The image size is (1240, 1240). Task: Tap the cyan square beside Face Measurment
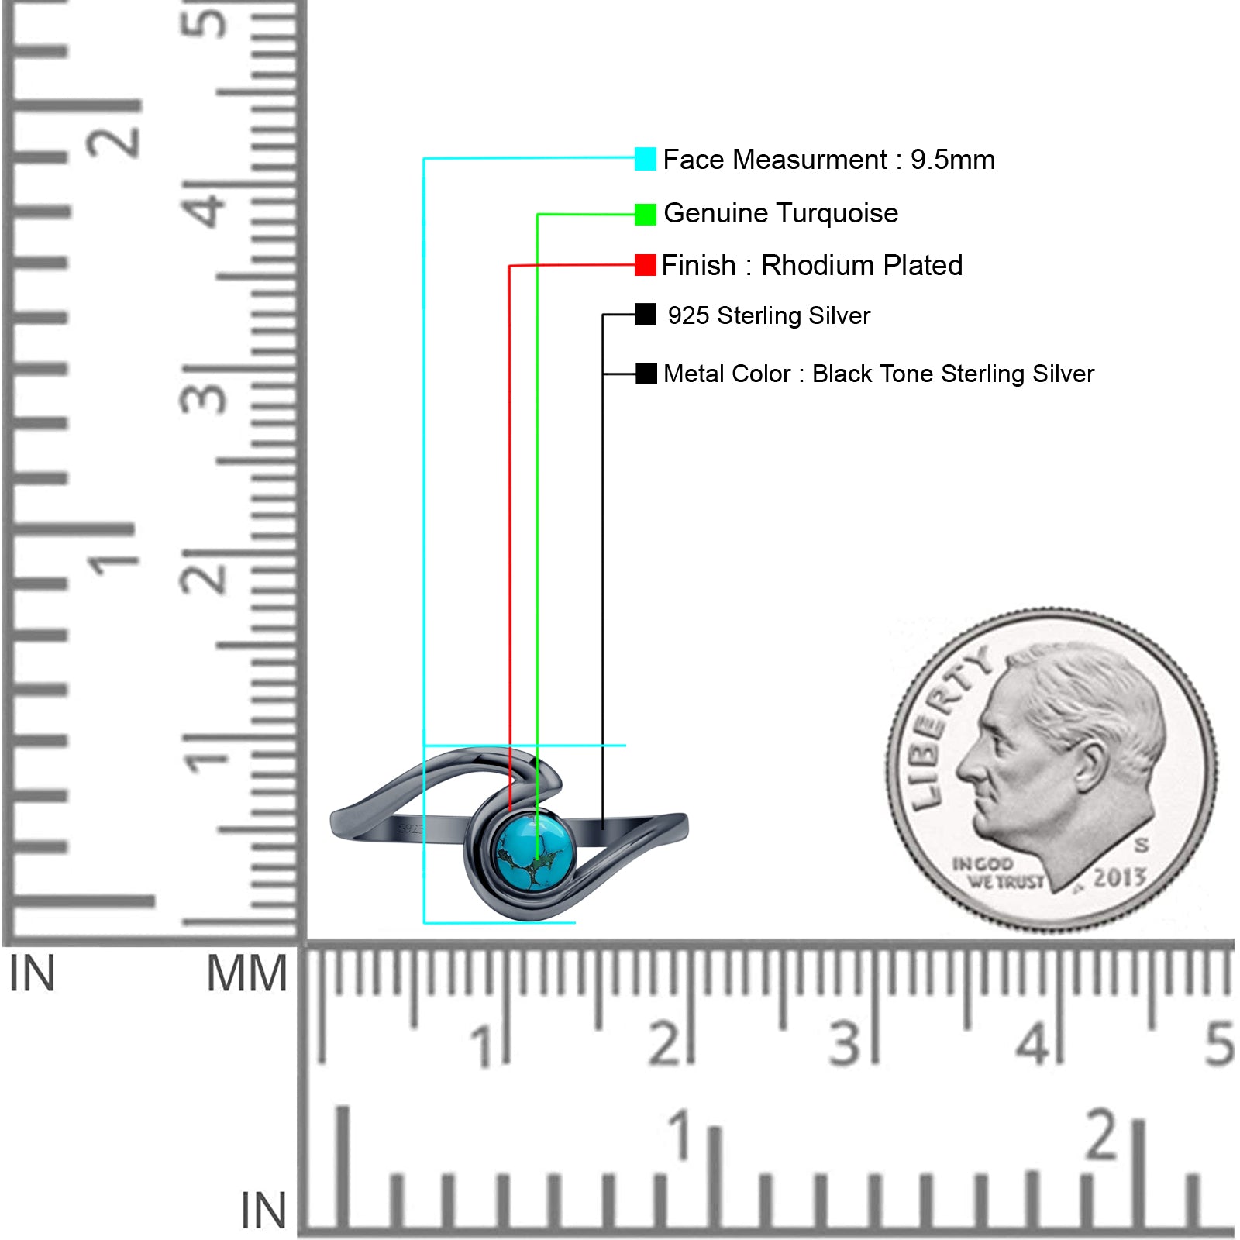pos(645,159)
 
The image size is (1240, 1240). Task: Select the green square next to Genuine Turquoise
pos(645,214)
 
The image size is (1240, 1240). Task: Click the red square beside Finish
pos(645,265)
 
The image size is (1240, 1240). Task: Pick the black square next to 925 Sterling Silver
pos(645,315)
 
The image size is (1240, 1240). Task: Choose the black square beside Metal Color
pos(646,374)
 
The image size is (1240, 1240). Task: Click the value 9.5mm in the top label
pos(952,160)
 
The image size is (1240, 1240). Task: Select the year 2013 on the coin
pos(1118,877)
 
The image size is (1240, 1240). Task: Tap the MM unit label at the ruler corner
pos(246,974)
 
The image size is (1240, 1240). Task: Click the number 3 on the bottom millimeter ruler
pos(845,1044)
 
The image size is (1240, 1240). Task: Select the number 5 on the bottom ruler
pos(1218,1044)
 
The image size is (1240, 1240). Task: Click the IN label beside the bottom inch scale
pos(263,1211)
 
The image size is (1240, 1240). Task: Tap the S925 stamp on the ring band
pos(411,829)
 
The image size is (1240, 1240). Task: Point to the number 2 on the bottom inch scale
pos(1101,1135)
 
